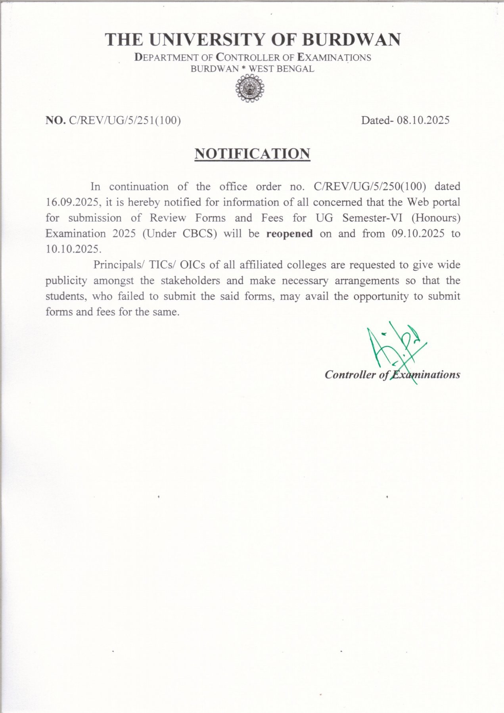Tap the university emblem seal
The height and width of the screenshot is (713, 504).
point(250,89)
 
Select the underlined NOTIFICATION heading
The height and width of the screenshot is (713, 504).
point(252,153)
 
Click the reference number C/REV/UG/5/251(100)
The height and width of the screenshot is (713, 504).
point(125,120)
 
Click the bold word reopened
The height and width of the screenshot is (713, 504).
point(289,234)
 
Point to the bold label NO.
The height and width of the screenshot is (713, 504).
point(56,120)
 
